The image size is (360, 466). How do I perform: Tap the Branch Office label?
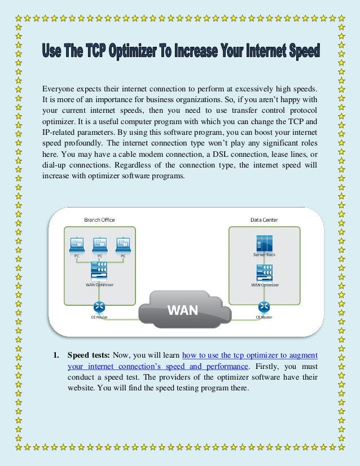99,219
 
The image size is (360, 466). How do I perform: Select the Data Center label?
264,219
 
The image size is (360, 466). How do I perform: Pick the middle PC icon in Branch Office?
99,244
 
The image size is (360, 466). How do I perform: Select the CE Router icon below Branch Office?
99,306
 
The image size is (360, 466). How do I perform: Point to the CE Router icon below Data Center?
264,306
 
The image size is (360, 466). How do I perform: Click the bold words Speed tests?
89,355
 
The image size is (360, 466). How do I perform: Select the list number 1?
56,355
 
